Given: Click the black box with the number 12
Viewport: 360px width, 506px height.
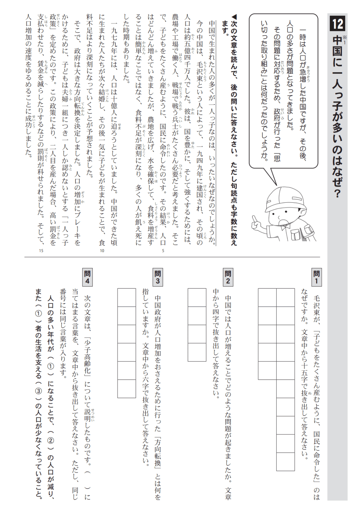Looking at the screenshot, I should [x=338, y=23].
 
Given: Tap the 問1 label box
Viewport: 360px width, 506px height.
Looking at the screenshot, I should [x=316, y=277].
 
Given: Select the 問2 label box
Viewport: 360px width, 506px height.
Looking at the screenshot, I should [x=228, y=277].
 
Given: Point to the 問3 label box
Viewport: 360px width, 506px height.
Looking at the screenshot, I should [x=158, y=277].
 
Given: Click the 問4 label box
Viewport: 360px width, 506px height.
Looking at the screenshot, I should [x=87, y=277].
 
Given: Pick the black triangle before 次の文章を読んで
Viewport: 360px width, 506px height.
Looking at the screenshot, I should [x=234, y=17].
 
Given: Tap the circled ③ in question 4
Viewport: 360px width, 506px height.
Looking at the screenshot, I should [x=39, y=391].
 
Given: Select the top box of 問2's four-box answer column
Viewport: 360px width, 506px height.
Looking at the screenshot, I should [x=197, y=297].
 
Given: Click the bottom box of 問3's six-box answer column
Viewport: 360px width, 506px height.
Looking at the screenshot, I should [x=127, y=389].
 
